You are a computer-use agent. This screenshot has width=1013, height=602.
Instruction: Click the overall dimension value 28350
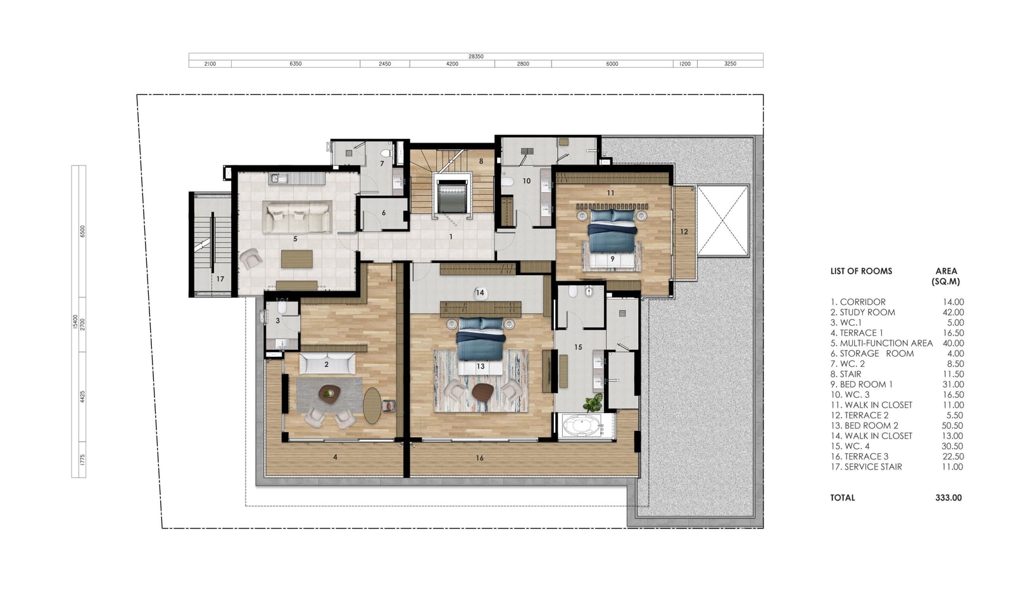click(475, 56)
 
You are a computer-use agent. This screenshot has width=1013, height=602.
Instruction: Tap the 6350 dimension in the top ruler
click(295, 64)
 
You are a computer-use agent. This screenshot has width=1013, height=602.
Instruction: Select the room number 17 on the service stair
click(220, 279)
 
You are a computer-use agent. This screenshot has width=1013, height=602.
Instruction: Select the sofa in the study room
click(327, 364)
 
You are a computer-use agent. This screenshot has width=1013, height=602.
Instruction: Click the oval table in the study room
click(372, 406)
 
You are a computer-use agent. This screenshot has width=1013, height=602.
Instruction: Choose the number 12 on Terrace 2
click(684, 232)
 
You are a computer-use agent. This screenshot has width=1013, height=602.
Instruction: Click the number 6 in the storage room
click(384, 213)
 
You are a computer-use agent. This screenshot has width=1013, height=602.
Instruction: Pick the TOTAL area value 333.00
click(948, 498)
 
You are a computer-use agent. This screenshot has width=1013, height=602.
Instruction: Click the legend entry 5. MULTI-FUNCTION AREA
click(881, 343)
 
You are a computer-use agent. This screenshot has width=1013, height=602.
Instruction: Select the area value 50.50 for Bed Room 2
click(952, 425)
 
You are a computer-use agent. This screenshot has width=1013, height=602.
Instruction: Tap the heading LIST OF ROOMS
click(861, 271)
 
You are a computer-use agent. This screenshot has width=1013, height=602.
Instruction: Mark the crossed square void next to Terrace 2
click(722, 221)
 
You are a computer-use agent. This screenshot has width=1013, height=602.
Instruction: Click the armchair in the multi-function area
click(250, 259)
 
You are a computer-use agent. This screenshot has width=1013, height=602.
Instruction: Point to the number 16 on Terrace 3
click(479, 458)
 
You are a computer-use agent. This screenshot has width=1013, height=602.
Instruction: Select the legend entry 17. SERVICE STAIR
click(866, 466)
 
